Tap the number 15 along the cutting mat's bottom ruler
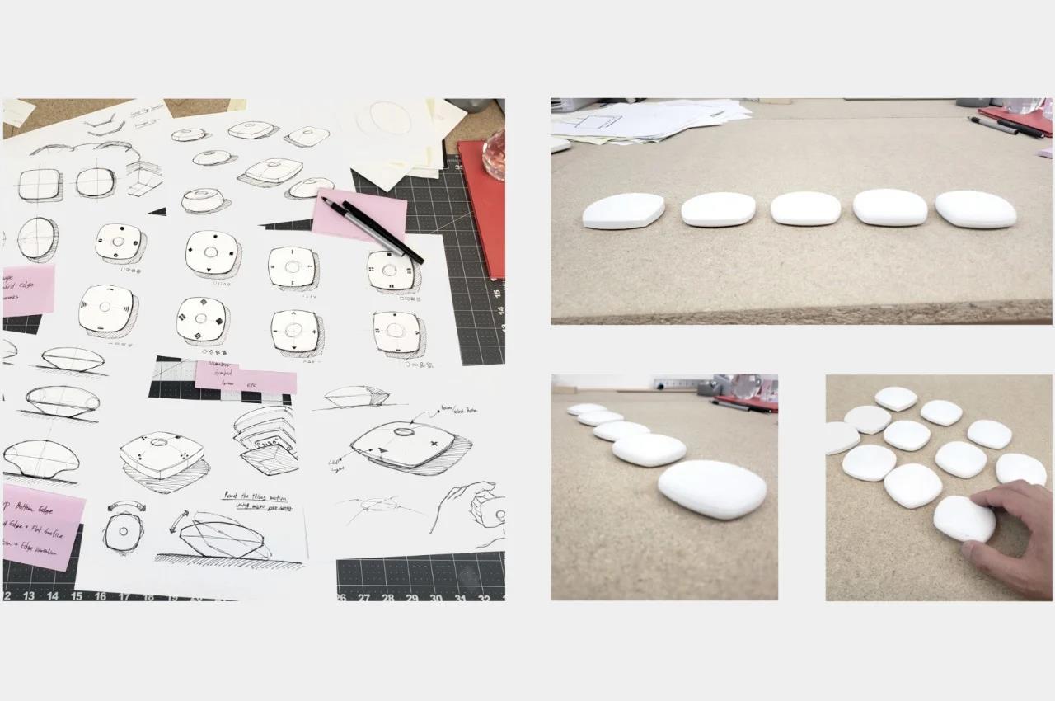coord(76,595)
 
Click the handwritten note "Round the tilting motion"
coord(258,498)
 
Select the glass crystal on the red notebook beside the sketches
coord(494,154)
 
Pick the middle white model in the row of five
coord(805,209)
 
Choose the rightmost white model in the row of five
coord(975,209)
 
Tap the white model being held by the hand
coord(963,518)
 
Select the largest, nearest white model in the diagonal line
coord(711,488)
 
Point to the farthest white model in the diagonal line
coord(585,409)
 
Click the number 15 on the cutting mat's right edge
coord(498,290)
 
